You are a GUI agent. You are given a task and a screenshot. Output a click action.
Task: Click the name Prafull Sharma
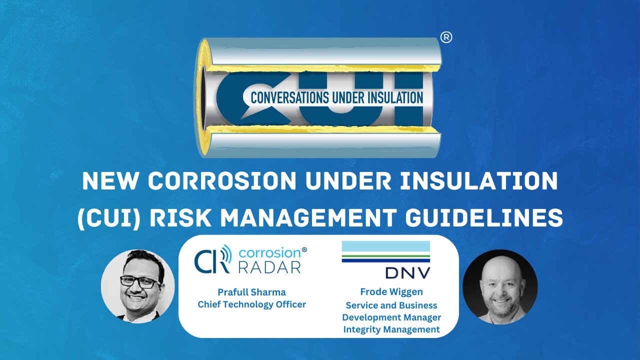click(251, 292)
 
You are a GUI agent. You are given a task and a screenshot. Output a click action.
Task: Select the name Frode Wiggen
click(391, 292)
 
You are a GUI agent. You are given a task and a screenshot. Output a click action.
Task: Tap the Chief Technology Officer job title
click(251, 304)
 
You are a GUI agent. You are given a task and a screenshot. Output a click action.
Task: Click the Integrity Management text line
click(391, 329)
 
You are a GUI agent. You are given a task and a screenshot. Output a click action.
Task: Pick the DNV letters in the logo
click(408, 272)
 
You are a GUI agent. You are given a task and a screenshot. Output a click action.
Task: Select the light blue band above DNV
click(385, 246)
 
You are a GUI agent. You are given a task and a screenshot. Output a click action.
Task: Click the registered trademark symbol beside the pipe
click(446, 38)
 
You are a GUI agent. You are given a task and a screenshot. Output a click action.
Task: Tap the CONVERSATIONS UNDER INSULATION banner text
click(336, 97)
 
